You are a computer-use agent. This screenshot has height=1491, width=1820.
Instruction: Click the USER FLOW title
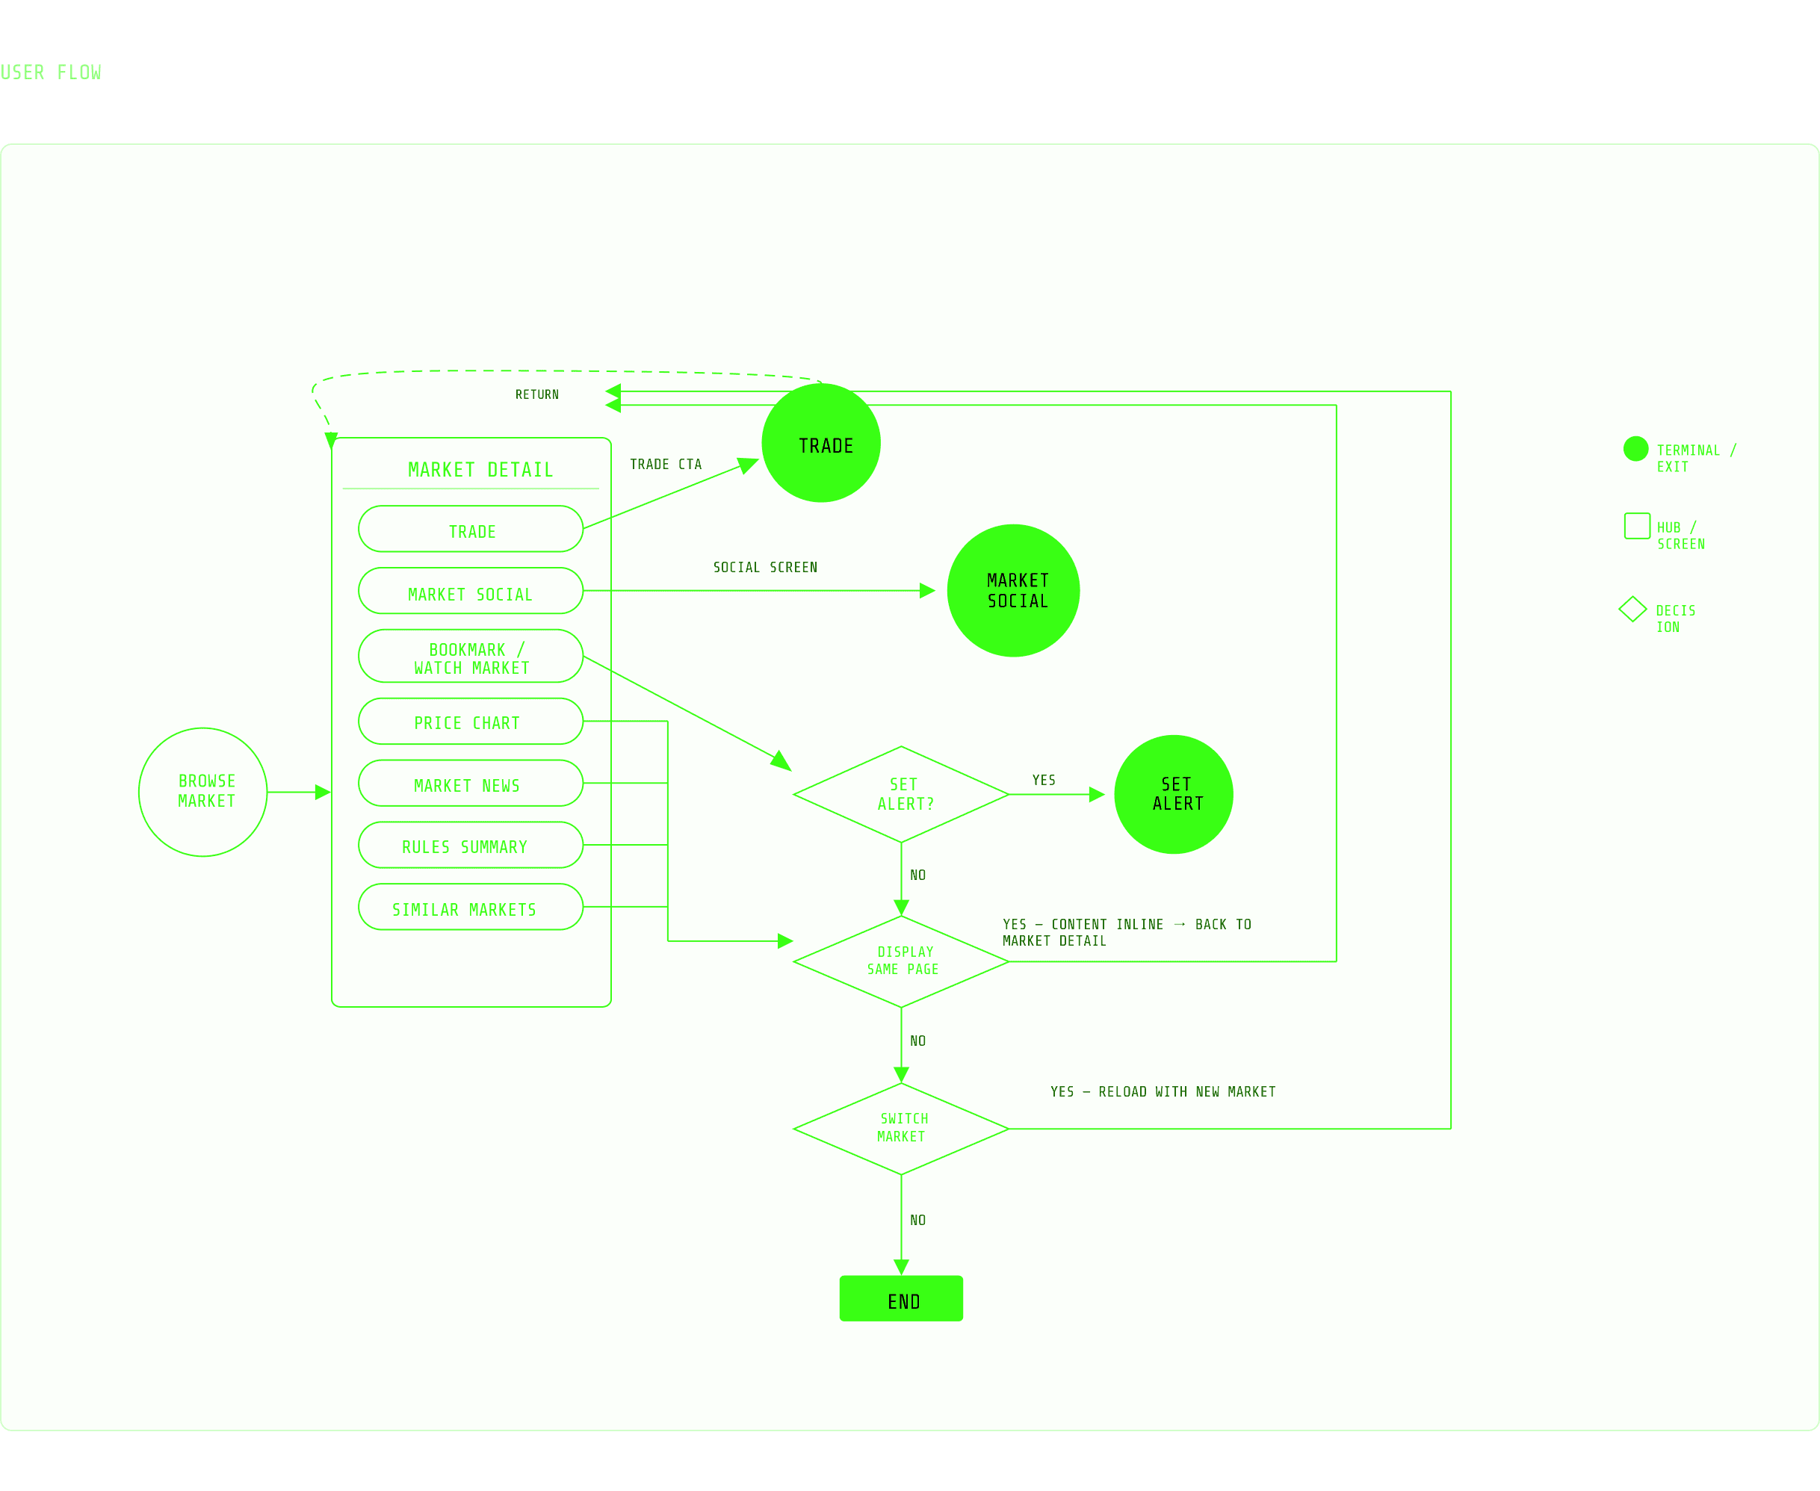(51, 73)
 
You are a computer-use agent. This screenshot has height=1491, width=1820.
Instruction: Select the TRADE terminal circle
(821, 443)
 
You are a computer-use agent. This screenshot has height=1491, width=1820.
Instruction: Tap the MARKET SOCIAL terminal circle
(1014, 591)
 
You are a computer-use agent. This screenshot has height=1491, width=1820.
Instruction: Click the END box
(902, 1301)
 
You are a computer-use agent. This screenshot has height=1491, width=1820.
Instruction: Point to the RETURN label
(536, 395)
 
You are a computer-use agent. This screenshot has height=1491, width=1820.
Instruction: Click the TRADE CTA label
(666, 465)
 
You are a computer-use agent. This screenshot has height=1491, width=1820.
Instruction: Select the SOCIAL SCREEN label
(765, 568)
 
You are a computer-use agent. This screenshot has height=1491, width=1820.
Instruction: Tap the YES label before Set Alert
(1044, 781)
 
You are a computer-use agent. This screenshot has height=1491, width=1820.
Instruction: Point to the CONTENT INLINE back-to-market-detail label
(1126, 933)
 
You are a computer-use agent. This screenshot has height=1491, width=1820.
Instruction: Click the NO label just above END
(917, 1221)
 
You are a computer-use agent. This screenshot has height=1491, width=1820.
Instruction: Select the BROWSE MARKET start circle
(203, 793)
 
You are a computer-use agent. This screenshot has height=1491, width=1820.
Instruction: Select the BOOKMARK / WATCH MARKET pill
(471, 658)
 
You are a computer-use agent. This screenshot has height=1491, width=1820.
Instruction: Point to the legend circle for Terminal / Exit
(1635, 449)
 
